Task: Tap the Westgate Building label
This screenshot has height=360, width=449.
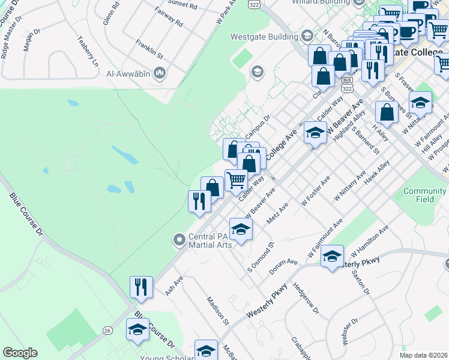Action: pos(265,37)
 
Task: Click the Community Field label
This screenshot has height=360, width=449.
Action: pos(424,194)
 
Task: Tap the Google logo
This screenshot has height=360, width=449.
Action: pos(20,353)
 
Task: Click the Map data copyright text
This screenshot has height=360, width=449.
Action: pos(423,355)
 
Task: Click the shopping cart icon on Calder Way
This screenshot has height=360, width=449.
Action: pos(237,179)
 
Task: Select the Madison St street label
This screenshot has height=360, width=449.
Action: pos(218,310)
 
